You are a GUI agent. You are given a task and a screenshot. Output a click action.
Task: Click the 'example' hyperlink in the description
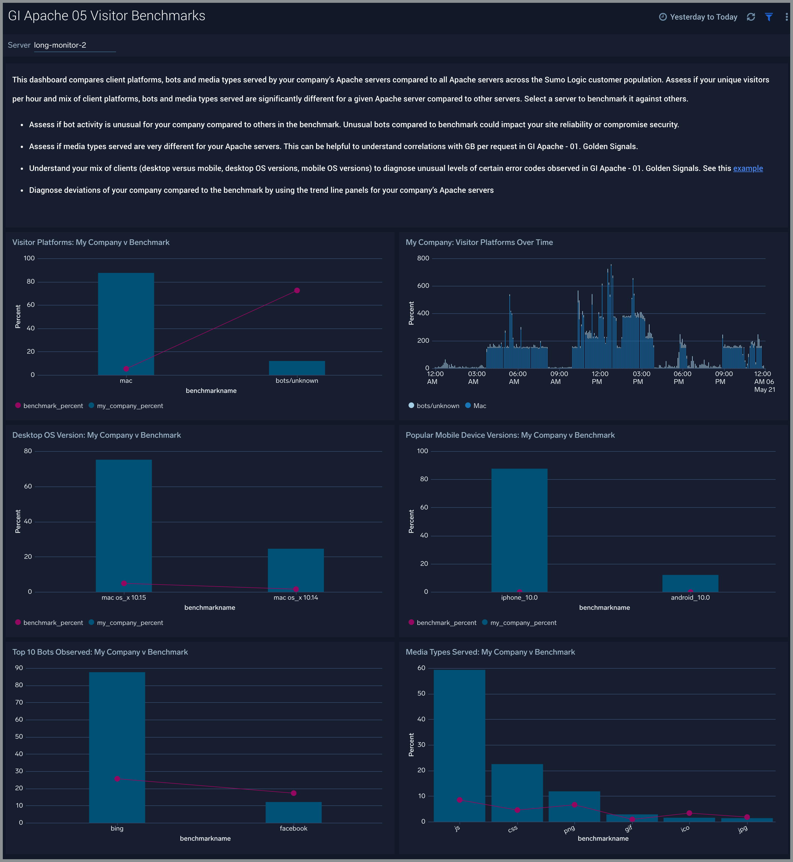point(748,168)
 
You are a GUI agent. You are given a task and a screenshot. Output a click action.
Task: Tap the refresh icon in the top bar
point(750,17)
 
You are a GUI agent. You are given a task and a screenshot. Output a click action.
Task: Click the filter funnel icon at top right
point(769,17)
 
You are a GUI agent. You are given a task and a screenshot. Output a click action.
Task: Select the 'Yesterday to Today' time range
point(698,17)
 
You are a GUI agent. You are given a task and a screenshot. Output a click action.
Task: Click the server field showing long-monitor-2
point(74,45)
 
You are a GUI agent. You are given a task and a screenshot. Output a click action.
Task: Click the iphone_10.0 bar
point(519,530)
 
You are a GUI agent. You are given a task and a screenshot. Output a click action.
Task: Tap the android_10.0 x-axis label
point(690,597)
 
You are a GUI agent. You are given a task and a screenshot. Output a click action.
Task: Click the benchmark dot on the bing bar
point(117,779)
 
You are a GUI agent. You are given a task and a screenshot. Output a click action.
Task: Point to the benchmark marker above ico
point(689,813)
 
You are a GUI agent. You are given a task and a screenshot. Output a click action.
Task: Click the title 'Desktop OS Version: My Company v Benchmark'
point(97,435)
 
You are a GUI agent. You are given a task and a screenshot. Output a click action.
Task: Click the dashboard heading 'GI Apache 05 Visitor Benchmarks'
point(106,16)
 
